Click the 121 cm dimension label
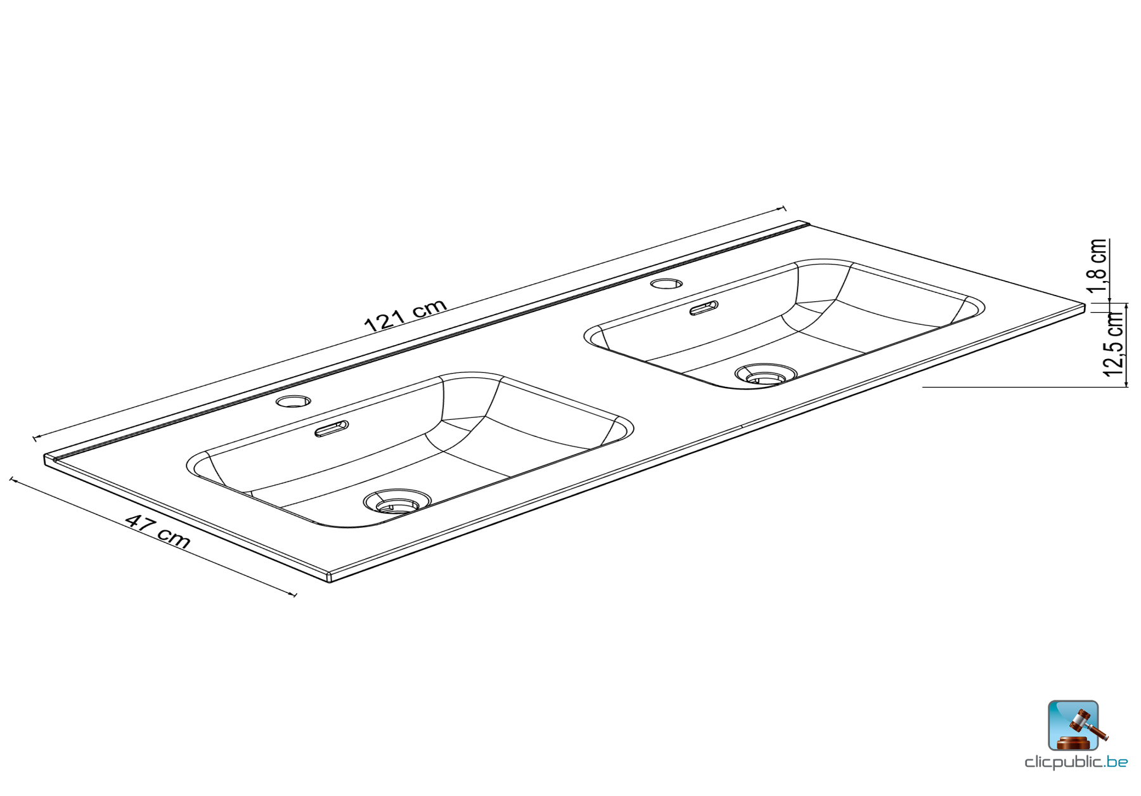click(x=406, y=315)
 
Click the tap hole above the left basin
click(x=293, y=401)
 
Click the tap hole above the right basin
click(x=667, y=283)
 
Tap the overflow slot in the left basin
click(x=332, y=429)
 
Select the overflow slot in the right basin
click(x=704, y=308)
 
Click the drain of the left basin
click(x=397, y=502)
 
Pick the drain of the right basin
click(x=766, y=375)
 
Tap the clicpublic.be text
click(x=1076, y=762)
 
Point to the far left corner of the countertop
click(x=46, y=458)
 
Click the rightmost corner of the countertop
click(x=1085, y=307)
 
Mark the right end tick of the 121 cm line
click(x=784, y=208)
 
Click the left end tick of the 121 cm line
click(x=34, y=438)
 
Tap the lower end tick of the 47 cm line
click(x=294, y=595)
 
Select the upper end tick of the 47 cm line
click(x=11, y=480)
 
